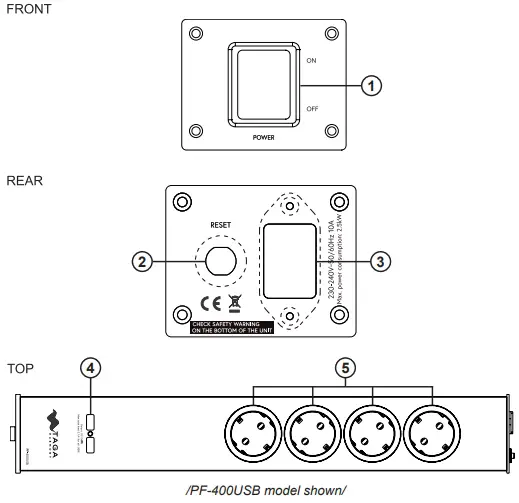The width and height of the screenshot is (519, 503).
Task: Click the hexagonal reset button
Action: (x=220, y=262)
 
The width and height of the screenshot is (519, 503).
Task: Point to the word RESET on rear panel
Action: (x=220, y=226)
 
